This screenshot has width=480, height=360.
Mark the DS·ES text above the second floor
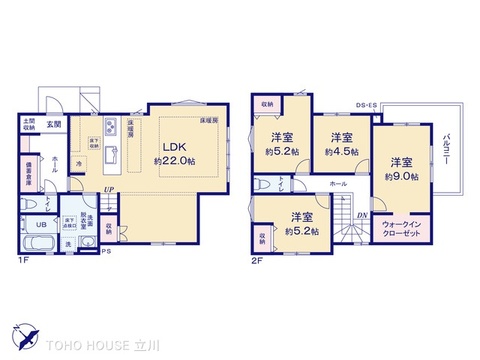(x=367, y=104)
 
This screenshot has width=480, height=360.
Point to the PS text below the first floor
(x=104, y=251)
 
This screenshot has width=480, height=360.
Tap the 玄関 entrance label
(x=52, y=125)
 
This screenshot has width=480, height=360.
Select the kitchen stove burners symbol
(x=112, y=127)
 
